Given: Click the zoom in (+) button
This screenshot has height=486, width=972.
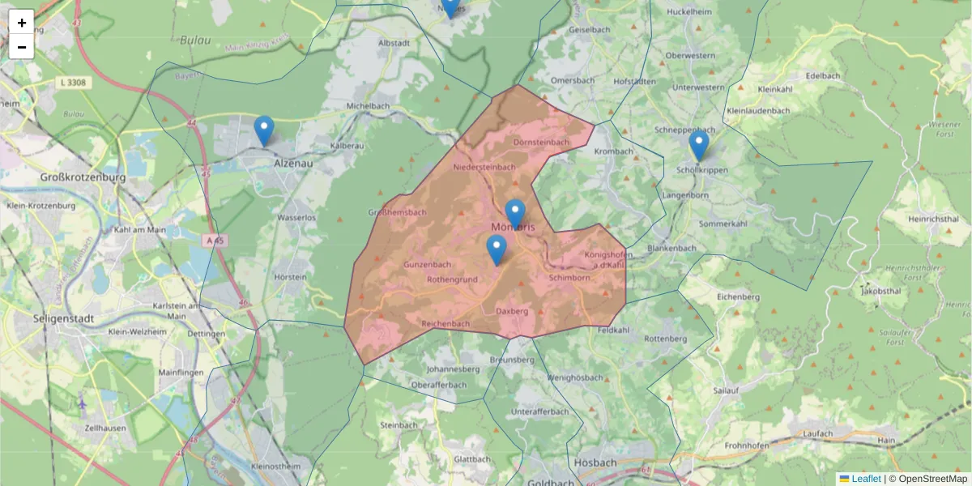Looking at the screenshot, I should click(x=22, y=23).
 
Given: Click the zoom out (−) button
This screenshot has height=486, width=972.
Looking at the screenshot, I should click(x=22, y=47).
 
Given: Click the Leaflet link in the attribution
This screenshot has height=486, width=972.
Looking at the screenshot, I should click(x=865, y=479).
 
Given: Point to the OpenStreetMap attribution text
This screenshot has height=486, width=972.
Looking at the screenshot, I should click(x=932, y=479).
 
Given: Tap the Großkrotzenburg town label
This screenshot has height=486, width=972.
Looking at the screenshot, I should click(x=83, y=177).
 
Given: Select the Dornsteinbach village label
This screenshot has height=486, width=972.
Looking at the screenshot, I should click(x=541, y=142).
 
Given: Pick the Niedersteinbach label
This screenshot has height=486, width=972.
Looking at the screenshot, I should click(x=484, y=167).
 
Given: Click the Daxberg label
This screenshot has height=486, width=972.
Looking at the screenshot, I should click(x=511, y=310).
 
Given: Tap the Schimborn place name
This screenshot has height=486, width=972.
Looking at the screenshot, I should click(x=569, y=278).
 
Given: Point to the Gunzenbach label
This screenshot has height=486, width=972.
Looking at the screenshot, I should click(x=427, y=265).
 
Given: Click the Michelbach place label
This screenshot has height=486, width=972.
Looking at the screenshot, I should click(x=368, y=106).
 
